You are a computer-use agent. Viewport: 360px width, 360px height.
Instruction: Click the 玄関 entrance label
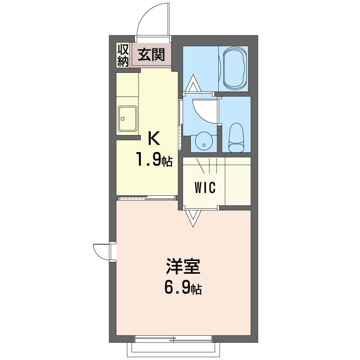[x=151, y=55]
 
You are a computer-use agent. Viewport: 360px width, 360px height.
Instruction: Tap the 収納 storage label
[x=123, y=55]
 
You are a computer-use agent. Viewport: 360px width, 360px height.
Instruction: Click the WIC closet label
[x=205, y=188]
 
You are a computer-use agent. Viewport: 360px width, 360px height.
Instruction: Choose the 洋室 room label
[x=183, y=266]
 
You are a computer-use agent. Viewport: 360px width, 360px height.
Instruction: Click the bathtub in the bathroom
[x=234, y=69]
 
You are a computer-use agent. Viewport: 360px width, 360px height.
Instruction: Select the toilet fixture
[x=236, y=138]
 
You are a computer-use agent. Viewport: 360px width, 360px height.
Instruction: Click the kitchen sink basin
[x=127, y=119]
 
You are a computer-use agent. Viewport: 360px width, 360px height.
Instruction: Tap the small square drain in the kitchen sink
[x=122, y=119]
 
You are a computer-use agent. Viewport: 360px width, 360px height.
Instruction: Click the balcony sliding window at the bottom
[x=173, y=337]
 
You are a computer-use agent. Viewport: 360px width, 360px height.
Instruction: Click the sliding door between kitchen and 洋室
[x=147, y=198]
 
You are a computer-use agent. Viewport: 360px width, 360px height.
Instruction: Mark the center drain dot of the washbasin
[x=204, y=145]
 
